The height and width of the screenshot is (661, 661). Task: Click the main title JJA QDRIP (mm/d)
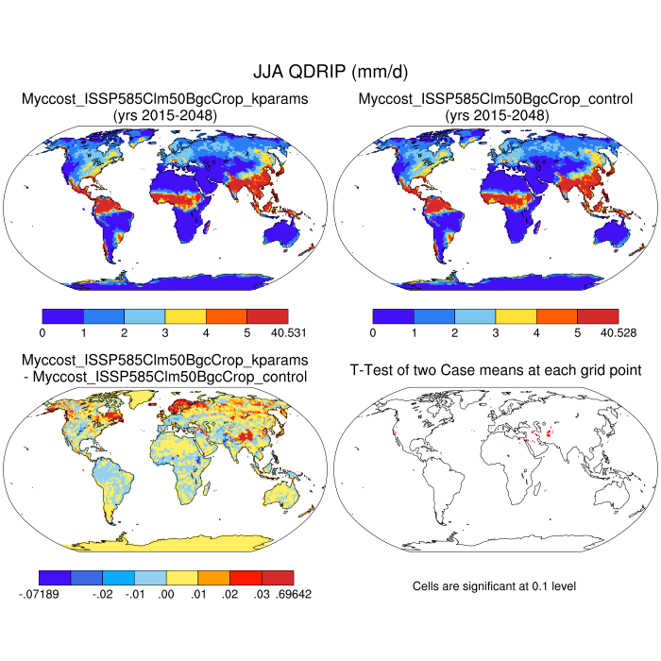[x=330, y=72]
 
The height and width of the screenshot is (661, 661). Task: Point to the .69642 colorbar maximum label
[x=293, y=594]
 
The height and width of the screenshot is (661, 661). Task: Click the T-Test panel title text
[x=496, y=369]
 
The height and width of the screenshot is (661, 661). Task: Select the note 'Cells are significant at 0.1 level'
[x=494, y=586]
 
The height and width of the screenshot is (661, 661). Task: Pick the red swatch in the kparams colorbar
[x=267, y=315]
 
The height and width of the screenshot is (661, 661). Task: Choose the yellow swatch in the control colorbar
[x=517, y=315]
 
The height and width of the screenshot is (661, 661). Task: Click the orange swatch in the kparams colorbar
[x=227, y=315]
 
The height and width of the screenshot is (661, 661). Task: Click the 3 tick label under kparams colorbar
[x=165, y=332]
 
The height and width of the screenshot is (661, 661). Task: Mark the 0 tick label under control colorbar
[x=373, y=332]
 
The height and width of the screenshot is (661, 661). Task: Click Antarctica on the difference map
[x=165, y=539]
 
